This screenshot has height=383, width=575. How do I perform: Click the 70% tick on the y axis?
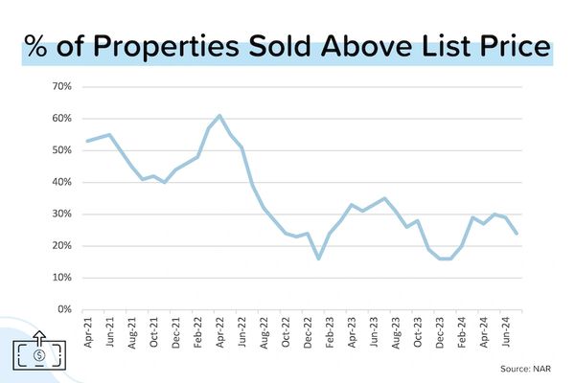(59, 86)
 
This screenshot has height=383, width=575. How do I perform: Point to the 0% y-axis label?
(62, 309)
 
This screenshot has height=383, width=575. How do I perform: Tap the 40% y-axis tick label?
(59, 182)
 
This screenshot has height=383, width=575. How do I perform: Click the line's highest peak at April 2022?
(219, 116)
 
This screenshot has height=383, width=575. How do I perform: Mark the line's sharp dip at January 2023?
(318, 259)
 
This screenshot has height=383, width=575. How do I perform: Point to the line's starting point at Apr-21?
(87, 141)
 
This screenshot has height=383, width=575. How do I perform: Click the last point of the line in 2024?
(517, 233)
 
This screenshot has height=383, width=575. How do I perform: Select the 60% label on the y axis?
(59, 118)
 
